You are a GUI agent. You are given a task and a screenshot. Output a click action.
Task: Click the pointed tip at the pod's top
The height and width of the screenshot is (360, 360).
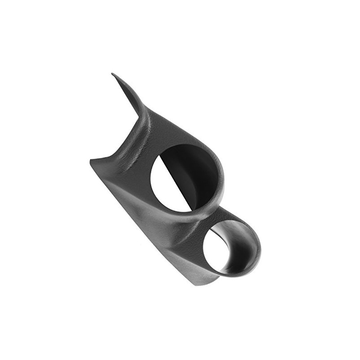point(113,74)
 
